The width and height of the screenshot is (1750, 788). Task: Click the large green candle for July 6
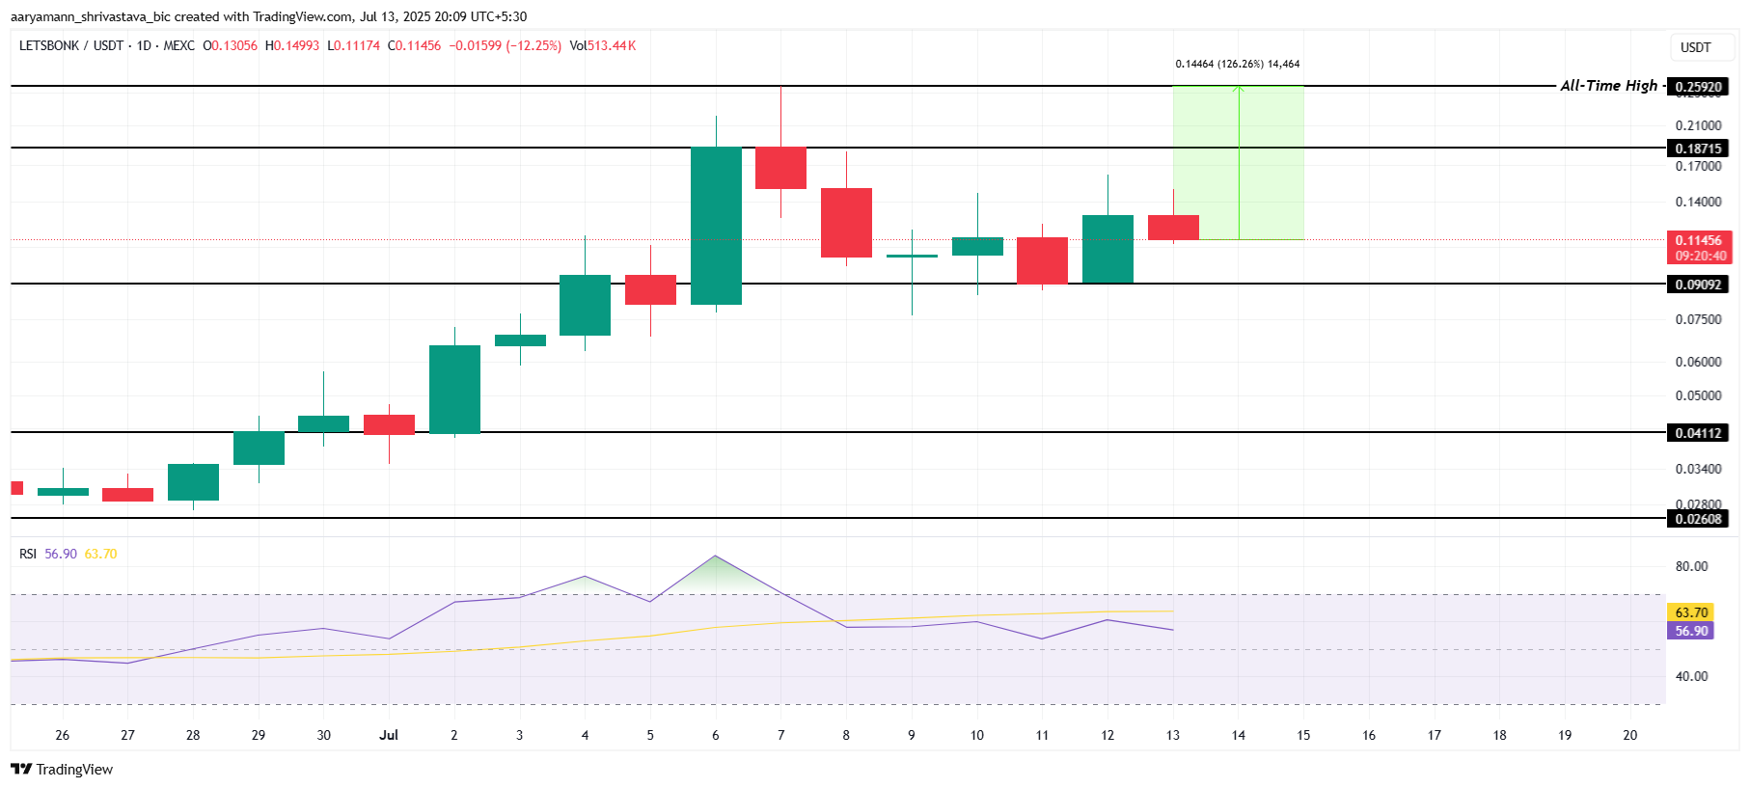click(x=716, y=226)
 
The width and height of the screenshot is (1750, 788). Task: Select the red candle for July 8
click(x=846, y=223)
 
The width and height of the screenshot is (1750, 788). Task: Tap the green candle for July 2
click(x=454, y=390)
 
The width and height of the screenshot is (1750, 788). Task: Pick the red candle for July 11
click(x=1042, y=260)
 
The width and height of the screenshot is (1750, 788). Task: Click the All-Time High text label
click(x=1608, y=86)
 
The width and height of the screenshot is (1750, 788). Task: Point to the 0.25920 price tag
click(x=1698, y=87)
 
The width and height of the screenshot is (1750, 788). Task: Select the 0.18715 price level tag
click(x=1698, y=149)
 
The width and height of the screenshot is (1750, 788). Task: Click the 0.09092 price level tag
click(x=1698, y=285)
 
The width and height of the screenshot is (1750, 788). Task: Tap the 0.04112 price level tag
click(x=1698, y=433)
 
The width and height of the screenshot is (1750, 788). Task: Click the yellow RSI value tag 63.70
click(x=1691, y=612)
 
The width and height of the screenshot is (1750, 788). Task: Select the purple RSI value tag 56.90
click(x=1691, y=631)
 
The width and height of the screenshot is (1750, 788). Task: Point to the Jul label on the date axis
click(x=389, y=735)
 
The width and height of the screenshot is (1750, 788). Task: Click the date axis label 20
click(x=1629, y=735)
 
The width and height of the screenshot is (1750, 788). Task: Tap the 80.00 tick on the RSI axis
click(x=1691, y=566)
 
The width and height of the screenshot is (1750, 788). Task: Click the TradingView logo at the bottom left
click(x=62, y=769)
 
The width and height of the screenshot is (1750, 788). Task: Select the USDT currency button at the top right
click(x=1695, y=47)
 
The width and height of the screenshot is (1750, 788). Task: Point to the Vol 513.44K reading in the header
click(x=602, y=45)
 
